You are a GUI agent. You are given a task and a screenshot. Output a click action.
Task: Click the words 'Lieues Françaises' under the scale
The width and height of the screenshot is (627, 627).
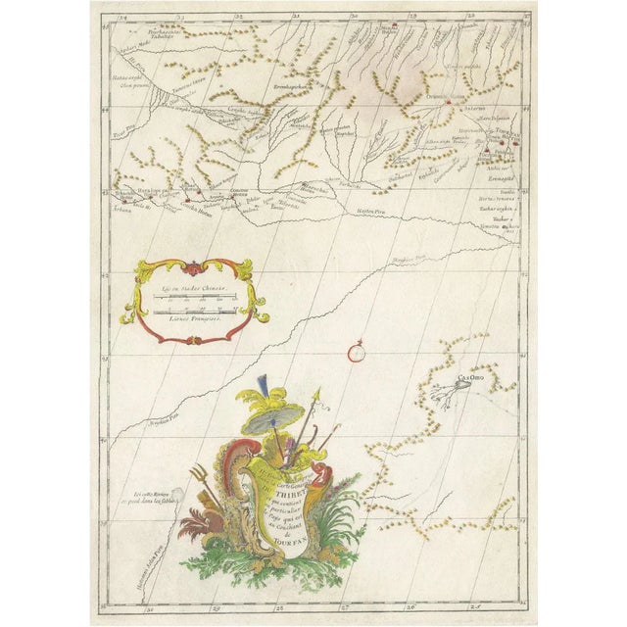point(189,319)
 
